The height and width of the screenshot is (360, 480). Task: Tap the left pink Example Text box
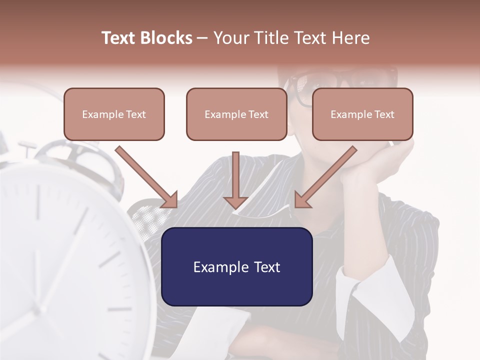coord(114,114)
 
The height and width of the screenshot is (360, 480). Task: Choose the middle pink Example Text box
coord(236,114)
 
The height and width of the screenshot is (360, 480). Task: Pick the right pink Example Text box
coord(362,114)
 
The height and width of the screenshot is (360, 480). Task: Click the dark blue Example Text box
coord(236,266)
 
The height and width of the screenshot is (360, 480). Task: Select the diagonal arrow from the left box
coord(145,175)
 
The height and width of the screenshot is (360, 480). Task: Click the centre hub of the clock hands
coord(37,310)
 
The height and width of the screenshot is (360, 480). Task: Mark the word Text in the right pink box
coord(384,114)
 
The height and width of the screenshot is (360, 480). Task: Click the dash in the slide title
coord(202,38)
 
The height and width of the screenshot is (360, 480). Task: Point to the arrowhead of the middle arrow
coord(236,202)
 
